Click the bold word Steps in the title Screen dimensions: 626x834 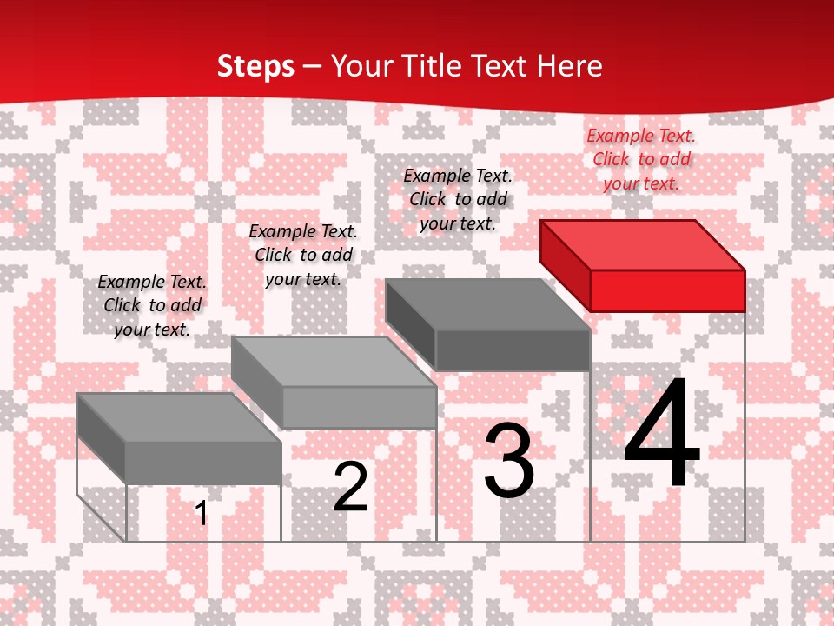coord(255,66)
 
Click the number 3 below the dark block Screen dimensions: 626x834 coord(509,461)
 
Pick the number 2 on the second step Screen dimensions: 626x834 coord(350,487)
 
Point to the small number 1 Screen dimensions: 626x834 coord(202,513)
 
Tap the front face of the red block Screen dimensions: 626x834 coord(667,290)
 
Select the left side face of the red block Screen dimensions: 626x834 coord(565,260)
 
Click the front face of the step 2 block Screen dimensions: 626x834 coord(359,407)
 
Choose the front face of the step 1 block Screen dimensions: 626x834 coord(203,463)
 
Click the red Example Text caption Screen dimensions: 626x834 coord(641,159)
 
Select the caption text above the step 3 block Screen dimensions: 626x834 coord(458,199)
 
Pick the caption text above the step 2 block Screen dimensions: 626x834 coord(303,255)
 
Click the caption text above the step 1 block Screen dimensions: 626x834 coord(152,305)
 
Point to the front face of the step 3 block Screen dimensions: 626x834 coord(513,350)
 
